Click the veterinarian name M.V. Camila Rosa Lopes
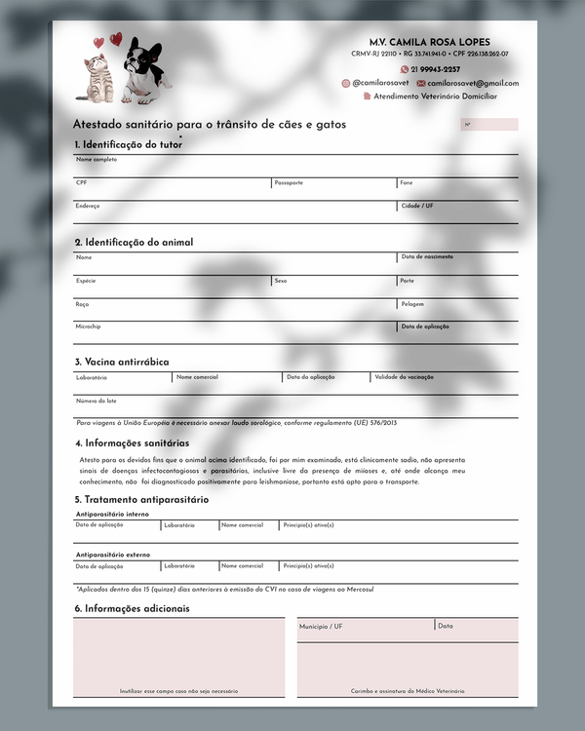click(437, 43)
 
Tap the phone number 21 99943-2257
click(435, 69)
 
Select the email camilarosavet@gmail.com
click(473, 84)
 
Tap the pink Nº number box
click(488, 125)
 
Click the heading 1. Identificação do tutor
click(128, 144)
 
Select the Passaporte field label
click(289, 182)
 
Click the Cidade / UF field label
click(417, 206)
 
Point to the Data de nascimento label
click(427, 257)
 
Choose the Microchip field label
click(88, 327)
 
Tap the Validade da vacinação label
click(405, 376)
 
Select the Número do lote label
click(97, 401)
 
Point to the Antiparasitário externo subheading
click(112, 555)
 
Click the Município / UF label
click(321, 627)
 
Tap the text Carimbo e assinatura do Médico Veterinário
click(408, 691)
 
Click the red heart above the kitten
click(116, 39)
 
